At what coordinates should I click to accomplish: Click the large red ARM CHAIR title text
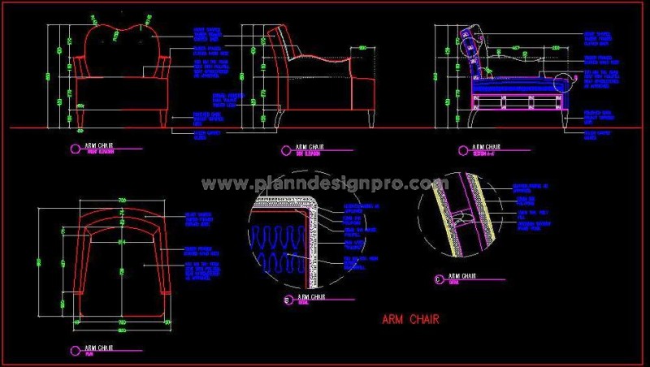coord(410,319)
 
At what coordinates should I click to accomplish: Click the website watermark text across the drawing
coord(325,184)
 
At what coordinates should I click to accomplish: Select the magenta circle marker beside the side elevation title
coord(285,149)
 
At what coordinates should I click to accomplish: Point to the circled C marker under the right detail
coord(440,280)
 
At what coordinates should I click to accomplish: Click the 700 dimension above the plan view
coord(123,200)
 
